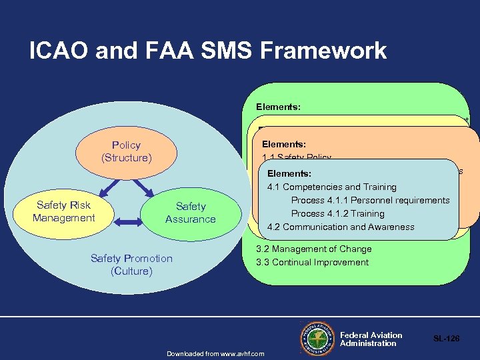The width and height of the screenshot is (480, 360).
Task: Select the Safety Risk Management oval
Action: pos(64,212)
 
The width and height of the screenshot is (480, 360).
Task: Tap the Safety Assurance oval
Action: pos(190,213)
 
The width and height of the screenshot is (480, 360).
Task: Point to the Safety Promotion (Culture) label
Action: pos(131,265)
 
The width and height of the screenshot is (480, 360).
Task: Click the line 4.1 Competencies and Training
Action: pos(331,187)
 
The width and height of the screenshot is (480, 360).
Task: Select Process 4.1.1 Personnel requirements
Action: pos(370,201)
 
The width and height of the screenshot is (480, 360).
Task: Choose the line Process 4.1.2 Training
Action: pos(337,214)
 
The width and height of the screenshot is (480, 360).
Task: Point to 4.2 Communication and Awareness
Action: pos(340,227)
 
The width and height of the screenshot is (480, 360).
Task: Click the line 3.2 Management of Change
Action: pos(313,249)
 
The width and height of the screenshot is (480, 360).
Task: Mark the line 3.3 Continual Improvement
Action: pos(312,262)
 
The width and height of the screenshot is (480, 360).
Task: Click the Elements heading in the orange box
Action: pos(284,143)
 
